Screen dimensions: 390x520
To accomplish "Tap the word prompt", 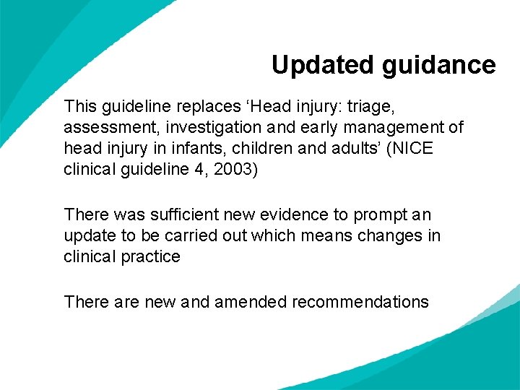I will [x=389, y=214].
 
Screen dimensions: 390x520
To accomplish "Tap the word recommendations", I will [x=360, y=301].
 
